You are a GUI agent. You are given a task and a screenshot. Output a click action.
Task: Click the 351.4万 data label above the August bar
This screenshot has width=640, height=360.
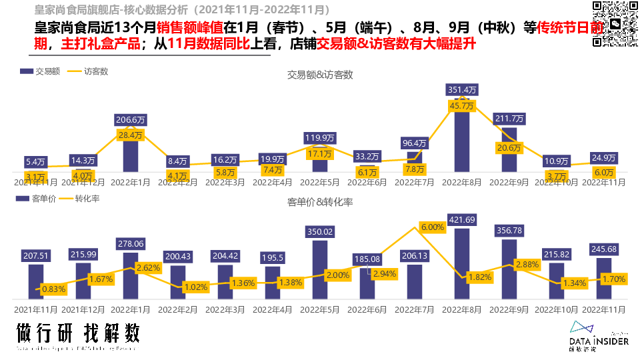pos(462,90)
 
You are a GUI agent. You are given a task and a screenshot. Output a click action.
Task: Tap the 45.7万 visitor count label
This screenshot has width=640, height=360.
pos(462,106)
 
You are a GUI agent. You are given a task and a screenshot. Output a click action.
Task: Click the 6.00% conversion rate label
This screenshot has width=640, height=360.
pos(433,227)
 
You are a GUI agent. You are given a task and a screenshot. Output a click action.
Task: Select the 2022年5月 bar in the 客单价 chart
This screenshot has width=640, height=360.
pos(320,270)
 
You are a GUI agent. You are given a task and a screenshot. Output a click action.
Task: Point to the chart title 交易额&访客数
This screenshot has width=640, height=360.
pos(320,75)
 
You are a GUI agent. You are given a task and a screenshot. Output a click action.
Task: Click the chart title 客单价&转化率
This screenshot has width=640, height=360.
pos(320,201)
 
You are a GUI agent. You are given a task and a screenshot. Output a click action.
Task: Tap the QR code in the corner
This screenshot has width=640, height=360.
pos(613,24)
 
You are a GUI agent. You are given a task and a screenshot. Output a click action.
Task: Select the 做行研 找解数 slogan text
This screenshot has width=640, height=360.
pos(79,333)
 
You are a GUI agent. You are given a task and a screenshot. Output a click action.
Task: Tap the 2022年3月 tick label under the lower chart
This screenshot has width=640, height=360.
pos(225,309)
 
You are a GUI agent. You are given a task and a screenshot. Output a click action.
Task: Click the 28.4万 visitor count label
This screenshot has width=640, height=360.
pos(131,135)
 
